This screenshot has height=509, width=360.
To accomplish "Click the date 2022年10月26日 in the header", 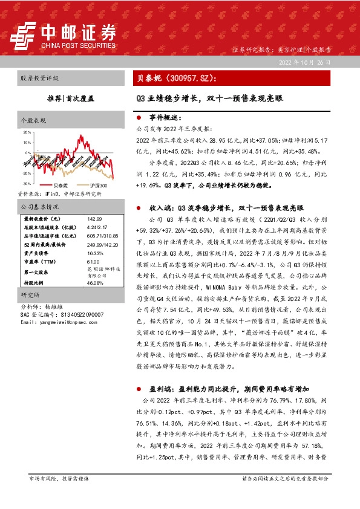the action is tap(305, 63).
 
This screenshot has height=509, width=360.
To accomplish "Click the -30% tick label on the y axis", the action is tap(27, 183).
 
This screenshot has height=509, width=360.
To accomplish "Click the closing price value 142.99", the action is tap(96, 218).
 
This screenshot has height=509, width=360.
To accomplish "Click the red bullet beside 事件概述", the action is tap(139, 118).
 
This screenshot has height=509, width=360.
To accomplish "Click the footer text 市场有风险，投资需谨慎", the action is tap(59, 478).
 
